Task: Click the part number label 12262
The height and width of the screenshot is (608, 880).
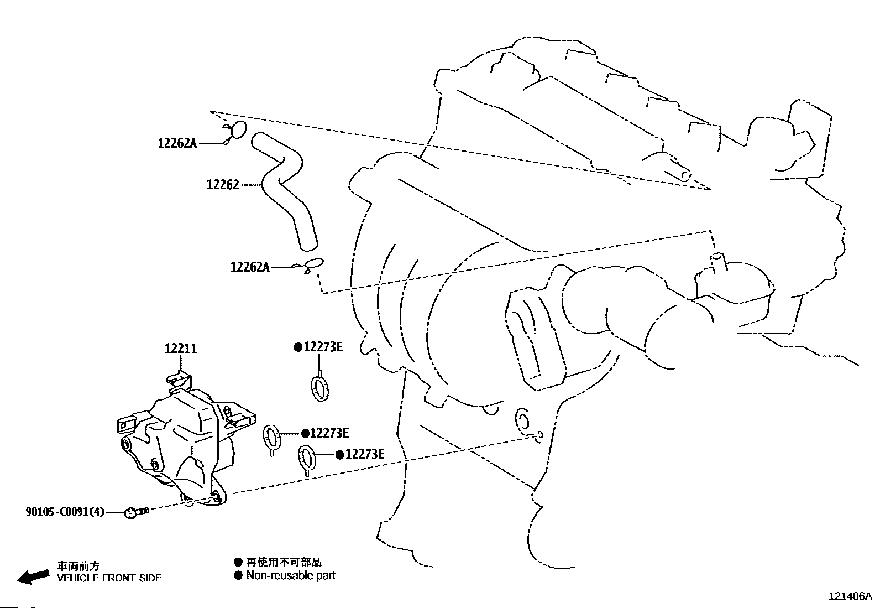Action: pyautogui.click(x=223, y=185)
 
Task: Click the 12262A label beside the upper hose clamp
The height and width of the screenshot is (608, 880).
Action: pyautogui.click(x=177, y=143)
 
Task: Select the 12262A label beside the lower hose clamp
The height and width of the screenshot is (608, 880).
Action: pyautogui.click(x=250, y=267)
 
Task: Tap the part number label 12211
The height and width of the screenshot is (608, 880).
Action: pyautogui.click(x=181, y=349)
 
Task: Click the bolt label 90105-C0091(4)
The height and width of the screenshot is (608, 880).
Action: pyautogui.click(x=65, y=512)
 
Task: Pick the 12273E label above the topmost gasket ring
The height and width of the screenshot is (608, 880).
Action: pyautogui.click(x=318, y=347)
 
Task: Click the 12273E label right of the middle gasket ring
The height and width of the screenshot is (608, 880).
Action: pyautogui.click(x=325, y=433)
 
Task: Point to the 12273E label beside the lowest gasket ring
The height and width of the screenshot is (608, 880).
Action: pyautogui.click(x=360, y=455)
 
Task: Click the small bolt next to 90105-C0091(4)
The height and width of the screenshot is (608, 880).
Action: pyautogui.click(x=137, y=512)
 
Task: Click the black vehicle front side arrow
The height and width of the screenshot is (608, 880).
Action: pyautogui.click(x=33, y=577)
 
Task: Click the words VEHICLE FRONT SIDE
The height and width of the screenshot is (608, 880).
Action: pyautogui.click(x=109, y=578)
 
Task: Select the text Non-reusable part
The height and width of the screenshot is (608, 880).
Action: pyautogui.click(x=291, y=575)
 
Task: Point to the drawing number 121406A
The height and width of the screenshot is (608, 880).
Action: pyautogui.click(x=850, y=596)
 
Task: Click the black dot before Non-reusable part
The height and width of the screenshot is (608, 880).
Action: pyautogui.click(x=238, y=576)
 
